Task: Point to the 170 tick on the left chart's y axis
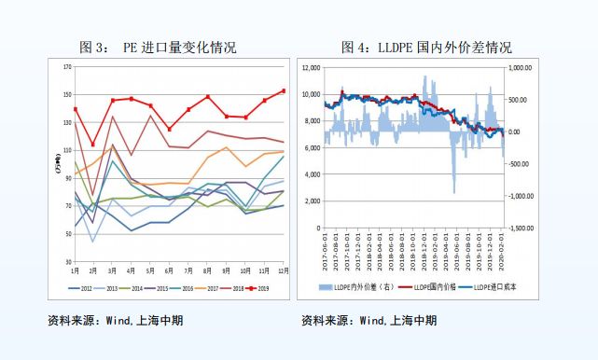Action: [66, 67]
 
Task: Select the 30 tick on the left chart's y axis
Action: [67, 260]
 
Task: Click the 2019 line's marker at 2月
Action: [92, 145]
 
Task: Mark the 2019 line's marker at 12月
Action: [284, 90]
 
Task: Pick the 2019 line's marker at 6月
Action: [169, 129]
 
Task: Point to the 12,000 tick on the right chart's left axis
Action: [311, 67]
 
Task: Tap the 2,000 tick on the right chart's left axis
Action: [313, 201]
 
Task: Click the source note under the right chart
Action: [369, 322]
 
